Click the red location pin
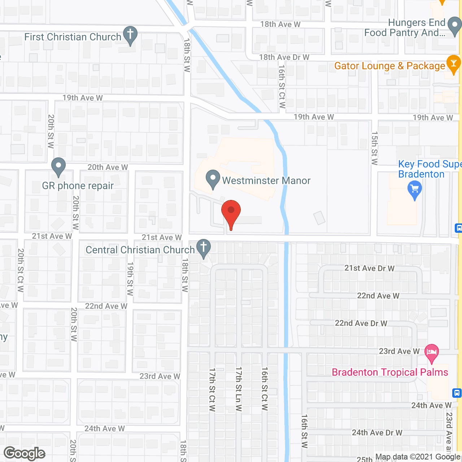click(231, 213)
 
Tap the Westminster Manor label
click(266, 180)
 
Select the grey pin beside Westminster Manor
click(213, 179)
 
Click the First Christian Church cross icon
click(130, 35)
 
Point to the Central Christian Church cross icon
click(204, 248)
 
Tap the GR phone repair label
click(78, 186)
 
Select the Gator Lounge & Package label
click(389, 66)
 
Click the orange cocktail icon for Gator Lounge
click(453, 64)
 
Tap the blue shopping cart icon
click(414, 190)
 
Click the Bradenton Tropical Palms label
click(390, 372)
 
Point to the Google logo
click(25, 453)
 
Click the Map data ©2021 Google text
click(418, 457)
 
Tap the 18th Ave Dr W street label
click(284, 57)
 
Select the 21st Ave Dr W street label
click(369, 268)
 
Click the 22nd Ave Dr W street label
click(361, 323)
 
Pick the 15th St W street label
click(375, 148)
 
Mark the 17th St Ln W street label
click(239, 389)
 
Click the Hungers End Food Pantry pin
click(454, 26)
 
